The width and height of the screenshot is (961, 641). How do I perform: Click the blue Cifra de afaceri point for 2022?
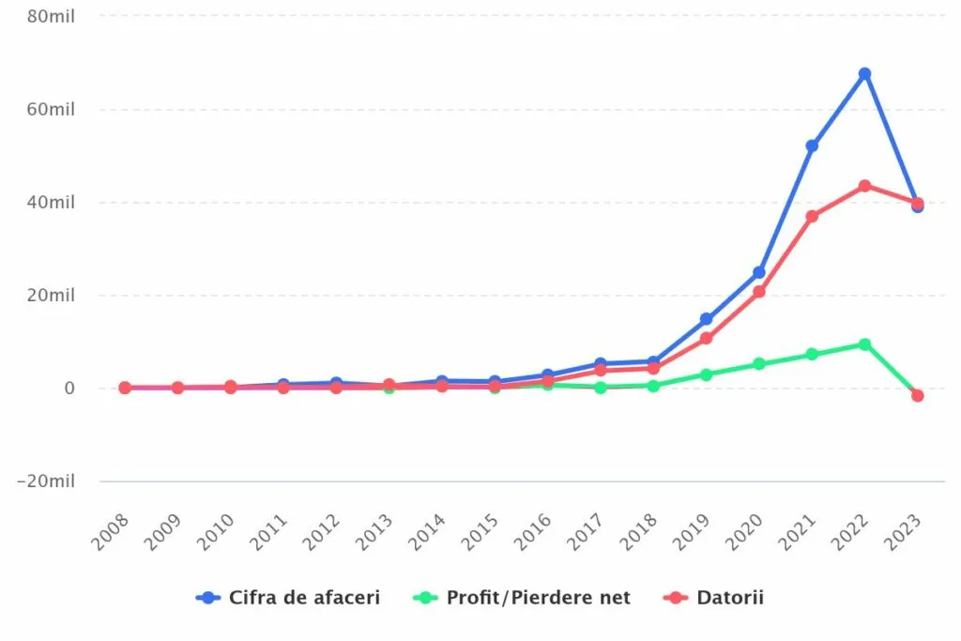(864, 73)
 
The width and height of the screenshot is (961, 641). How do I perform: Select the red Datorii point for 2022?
(864, 186)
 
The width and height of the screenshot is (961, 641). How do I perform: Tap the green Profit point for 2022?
(864, 344)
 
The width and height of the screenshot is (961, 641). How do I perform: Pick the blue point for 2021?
(812, 146)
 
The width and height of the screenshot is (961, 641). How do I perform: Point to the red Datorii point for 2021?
(812, 217)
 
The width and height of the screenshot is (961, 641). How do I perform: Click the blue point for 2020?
(758, 272)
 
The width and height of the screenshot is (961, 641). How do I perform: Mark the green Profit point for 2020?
(758, 364)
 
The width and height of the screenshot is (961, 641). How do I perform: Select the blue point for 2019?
(706, 319)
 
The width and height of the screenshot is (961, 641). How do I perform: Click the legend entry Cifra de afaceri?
(289, 598)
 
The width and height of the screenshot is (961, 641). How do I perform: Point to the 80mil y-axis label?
(50, 16)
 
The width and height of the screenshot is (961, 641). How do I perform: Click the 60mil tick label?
(50, 109)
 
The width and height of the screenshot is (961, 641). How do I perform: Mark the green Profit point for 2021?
(812, 355)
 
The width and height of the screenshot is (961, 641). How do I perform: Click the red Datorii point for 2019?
(706, 339)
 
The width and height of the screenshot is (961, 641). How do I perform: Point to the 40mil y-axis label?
(50, 202)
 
